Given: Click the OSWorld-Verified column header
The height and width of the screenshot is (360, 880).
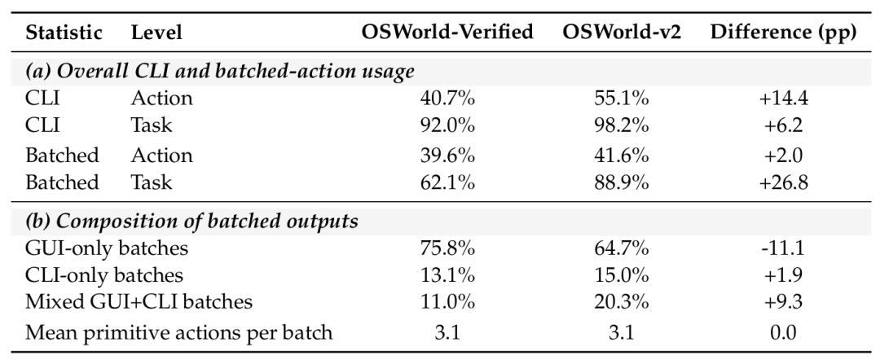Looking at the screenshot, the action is point(447,33).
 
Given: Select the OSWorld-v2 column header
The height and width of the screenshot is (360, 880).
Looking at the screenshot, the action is point(622,33).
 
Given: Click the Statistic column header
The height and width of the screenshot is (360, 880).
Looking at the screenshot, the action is point(64,33).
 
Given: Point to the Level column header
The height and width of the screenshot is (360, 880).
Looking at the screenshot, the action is point(156,33).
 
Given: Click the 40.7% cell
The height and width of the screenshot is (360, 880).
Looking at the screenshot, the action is point(447,98).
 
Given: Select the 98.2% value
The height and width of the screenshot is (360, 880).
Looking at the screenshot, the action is point(622,125).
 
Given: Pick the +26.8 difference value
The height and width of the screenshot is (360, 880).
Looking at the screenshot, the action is point(784,182).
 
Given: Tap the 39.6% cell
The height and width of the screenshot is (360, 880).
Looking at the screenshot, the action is point(447,156).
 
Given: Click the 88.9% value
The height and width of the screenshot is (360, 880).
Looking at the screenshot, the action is point(622,182).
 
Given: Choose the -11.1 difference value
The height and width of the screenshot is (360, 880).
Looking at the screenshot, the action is point(784,248).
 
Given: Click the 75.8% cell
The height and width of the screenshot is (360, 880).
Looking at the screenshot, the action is point(447,248).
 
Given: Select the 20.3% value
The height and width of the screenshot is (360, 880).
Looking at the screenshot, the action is point(622,302).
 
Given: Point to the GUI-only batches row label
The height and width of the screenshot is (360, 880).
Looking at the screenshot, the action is point(107,248).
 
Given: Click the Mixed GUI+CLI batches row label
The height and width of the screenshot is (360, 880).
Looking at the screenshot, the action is point(139,302).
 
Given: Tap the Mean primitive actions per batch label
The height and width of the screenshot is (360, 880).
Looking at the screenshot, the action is point(179,333).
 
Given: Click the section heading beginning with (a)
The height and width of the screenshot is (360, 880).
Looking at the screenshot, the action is point(220,72).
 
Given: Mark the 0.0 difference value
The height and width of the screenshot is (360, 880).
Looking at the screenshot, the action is point(784,333).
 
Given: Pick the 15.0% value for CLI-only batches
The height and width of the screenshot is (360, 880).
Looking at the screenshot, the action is point(622,274).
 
